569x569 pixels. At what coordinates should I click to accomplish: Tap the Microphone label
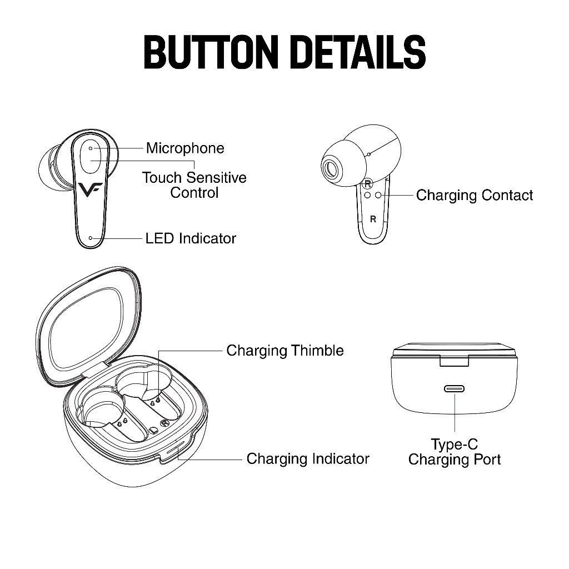[185, 148]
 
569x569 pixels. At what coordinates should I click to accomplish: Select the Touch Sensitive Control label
[194, 185]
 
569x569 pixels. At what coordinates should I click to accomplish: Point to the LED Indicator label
[191, 238]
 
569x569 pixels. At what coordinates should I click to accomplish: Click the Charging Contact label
[475, 195]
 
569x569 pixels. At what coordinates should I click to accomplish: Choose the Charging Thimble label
[285, 351]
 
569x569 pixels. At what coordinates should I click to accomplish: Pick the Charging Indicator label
[308, 458]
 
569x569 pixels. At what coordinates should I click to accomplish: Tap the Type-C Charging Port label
[455, 452]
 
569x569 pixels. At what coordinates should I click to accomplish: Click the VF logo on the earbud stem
[90, 189]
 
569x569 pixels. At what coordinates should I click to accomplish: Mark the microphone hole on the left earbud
[91, 148]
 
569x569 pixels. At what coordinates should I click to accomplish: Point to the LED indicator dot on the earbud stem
[91, 238]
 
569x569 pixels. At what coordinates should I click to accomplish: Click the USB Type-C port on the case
[455, 389]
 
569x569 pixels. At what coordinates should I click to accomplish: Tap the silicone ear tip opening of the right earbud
[331, 168]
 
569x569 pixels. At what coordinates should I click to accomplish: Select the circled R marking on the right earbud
[368, 183]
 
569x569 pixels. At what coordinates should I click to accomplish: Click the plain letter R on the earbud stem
[373, 219]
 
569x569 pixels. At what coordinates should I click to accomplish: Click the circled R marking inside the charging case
[165, 423]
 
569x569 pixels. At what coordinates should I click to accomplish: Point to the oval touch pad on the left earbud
[91, 156]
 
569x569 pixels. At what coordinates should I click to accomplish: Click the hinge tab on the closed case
[455, 361]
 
